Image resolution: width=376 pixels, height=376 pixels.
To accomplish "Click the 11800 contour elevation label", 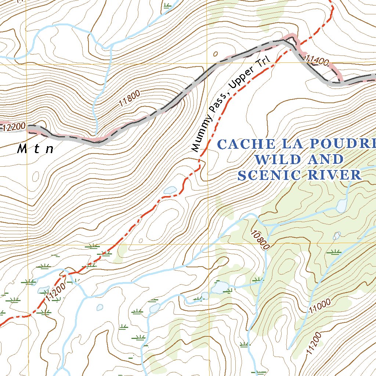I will pos(130,99).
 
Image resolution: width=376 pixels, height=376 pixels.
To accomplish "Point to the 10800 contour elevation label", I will pos(260,241).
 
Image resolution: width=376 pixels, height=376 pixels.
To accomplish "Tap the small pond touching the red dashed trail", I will pos(170,190).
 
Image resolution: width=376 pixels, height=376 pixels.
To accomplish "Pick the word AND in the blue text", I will pos(323,160).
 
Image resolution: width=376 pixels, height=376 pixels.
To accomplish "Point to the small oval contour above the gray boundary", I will pos(215,54).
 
